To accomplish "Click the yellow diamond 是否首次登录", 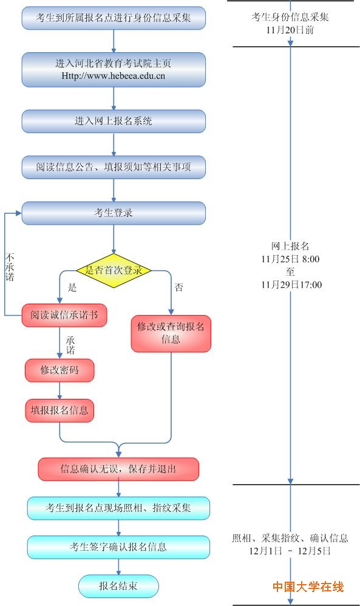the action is tap(114, 271).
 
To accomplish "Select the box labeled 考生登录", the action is tap(114, 213).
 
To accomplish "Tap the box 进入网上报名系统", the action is tap(114, 121).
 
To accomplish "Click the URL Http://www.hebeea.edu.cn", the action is tap(113, 76).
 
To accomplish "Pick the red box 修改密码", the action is tap(59, 370).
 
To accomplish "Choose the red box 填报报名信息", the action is tap(59, 410).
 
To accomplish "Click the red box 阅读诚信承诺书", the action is tap(64, 315).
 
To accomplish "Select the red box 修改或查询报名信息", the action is tap(171, 333).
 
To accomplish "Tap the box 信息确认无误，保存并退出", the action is tap(118, 469).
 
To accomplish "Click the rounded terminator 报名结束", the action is tap(118, 587).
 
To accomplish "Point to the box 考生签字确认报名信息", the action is tap(118, 547).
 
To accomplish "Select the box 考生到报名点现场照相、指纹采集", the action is tap(118, 508).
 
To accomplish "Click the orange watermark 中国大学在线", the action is tap(308, 587).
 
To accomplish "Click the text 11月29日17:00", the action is tap(291, 285).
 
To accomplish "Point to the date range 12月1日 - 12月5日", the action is tap(290, 551).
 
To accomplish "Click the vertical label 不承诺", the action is tap(10, 267).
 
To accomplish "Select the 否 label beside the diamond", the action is tap(179, 287).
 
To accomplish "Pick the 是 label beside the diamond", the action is tap(72, 287).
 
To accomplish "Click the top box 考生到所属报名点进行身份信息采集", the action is tap(114, 18).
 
